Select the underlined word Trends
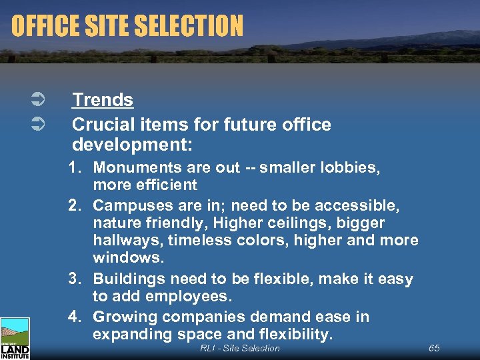pos(103,100)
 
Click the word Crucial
pos(101,125)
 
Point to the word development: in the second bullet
pos(125,145)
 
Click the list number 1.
pos(74,167)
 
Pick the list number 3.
pos(74,279)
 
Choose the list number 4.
pos(74,317)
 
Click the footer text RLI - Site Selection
pos(240,348)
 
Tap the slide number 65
pos(434,348)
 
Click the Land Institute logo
pos(15,338)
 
